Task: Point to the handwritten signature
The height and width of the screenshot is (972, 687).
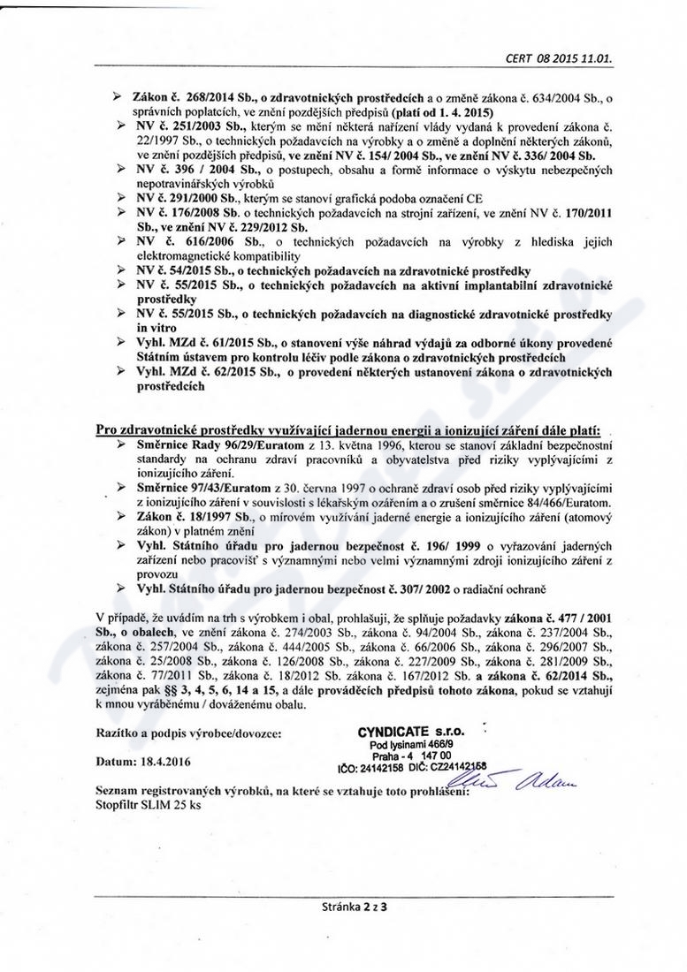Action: (x=523, y=778)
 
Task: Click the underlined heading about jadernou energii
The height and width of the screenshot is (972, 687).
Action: (x=347, y=429)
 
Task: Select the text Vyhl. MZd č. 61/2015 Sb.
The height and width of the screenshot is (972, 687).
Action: (x=206, y=342)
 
